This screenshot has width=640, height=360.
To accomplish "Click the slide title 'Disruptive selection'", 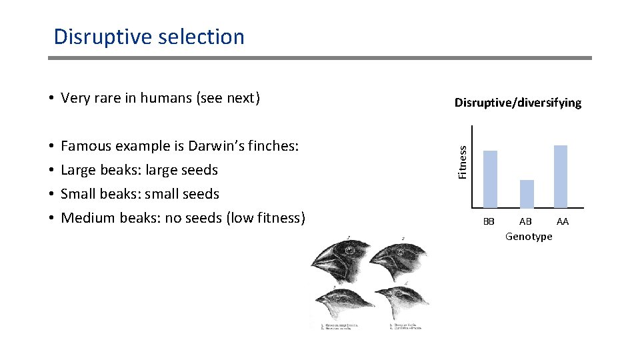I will pyautogui.click(x=149, y=37).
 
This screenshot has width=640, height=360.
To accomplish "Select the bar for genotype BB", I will pyautogui.click(x=490, y=179).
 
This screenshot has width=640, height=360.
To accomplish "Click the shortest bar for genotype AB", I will pyautogui.click(x=527, y=193).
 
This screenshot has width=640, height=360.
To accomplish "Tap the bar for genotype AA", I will pyautogui.click(x=561, y=176).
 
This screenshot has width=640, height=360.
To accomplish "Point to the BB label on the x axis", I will pyautogui.click(x=489, y=221).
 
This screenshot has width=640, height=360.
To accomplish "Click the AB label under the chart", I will pyautogui.click(x=526, y=221).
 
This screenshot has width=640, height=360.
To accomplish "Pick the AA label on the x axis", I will pyautogui.click(x=563, y=221).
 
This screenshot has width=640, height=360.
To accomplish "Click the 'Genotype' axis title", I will pyautogui.click(x=529, y=236).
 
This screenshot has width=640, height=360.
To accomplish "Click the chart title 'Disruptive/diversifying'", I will pyautogui.click(x=518, y=103).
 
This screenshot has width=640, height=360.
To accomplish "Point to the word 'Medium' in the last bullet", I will pyautogui.click(x=86, y=218).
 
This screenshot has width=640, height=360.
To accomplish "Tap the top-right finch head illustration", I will pyautogui.click(x=400, y=260).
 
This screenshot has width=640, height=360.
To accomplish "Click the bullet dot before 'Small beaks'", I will pyautogui.click(x=51, y=194).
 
